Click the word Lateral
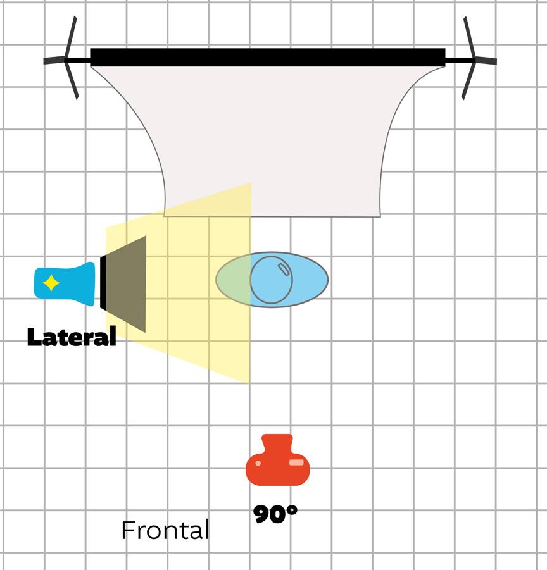point(72,337)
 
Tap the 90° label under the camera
point(275,514)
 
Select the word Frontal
point(165,530)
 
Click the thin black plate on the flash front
point(103,283)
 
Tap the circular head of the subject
point(272,280)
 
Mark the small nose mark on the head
point(284,270)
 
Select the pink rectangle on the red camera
point(296,463)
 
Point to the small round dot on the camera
point(258,463)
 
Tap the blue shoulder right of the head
point(310,280)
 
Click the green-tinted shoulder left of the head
point(233,280)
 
